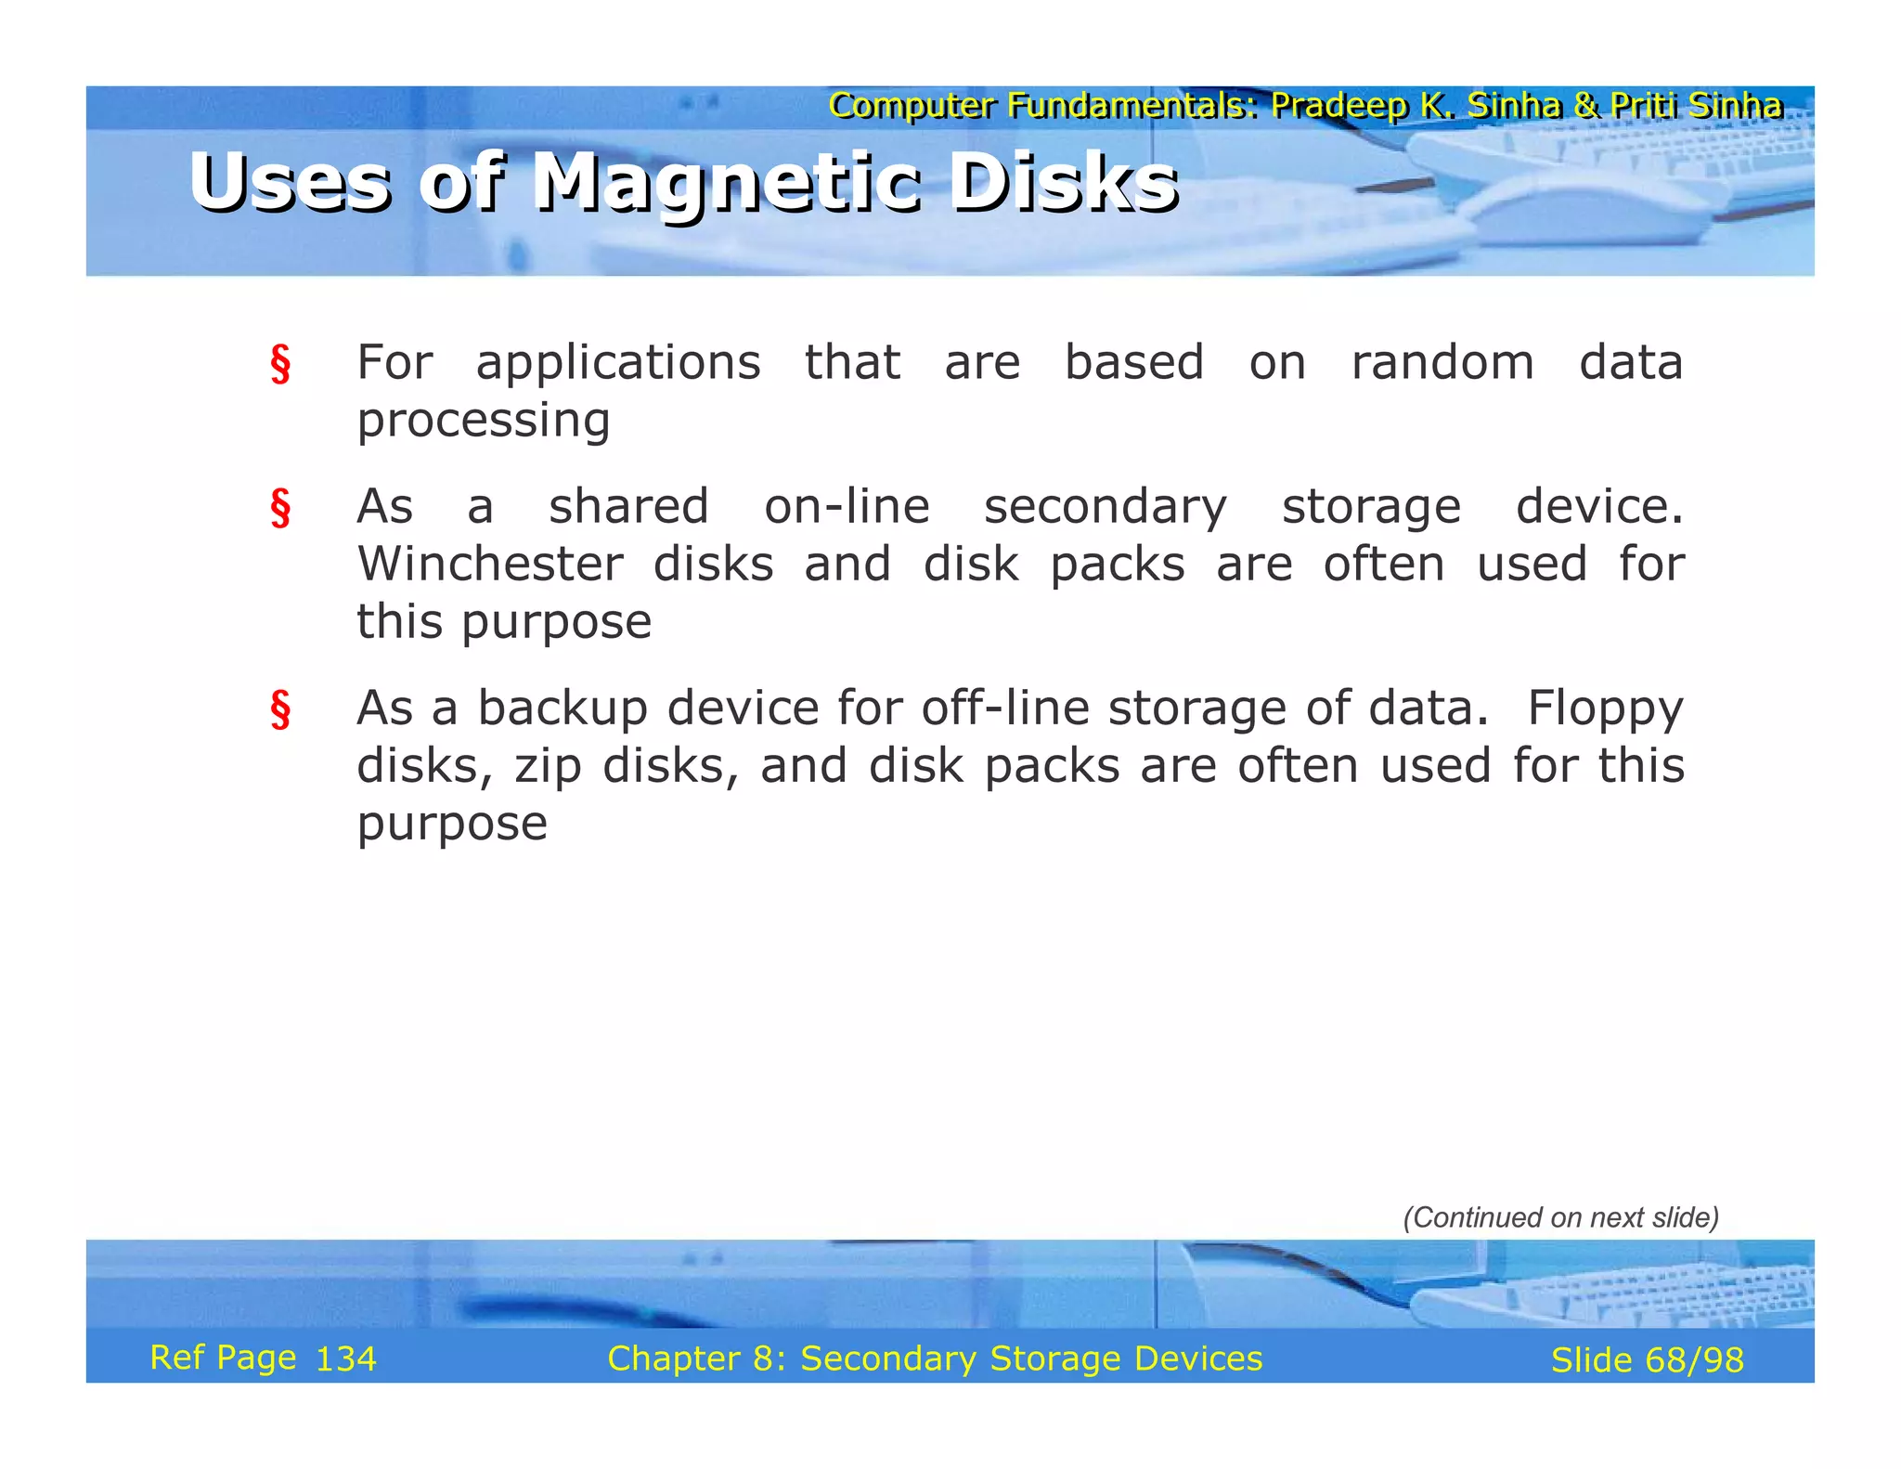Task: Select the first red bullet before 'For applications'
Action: [x=280, y=363]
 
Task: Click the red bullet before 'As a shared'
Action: [x=280, y=508]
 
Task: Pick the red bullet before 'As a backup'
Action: [x=280, y=709]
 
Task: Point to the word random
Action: [x=1442, y=362]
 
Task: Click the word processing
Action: [x=484, y=421]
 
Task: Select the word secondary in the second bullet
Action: [x=1105, y=508]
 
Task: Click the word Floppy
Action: [x=1605, y=709]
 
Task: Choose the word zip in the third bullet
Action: [x=548, y=767]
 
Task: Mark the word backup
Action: [x=563, y=709]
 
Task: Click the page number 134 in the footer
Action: [x=346, y=1359]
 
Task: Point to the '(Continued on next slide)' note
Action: [x=1560, y=1217]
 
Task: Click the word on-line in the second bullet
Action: [x=847, y=508]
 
